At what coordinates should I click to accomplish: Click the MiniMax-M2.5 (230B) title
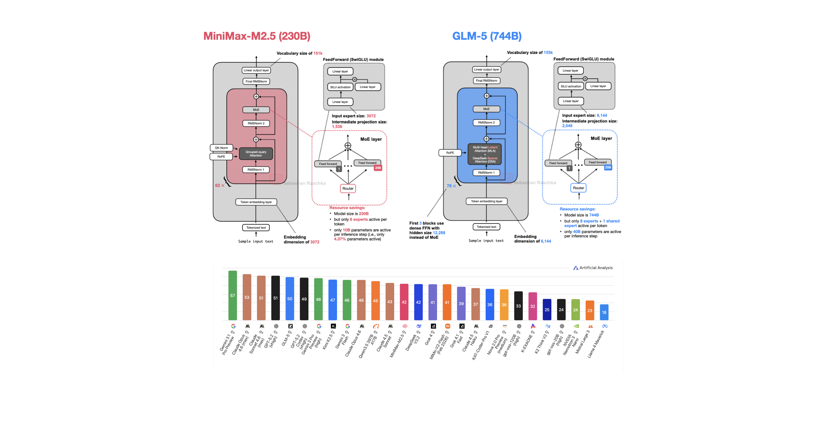click(256, 36)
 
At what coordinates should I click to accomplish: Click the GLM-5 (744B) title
click(487, 36)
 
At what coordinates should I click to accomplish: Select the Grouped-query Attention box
click(256, 154)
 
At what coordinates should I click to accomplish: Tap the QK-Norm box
click(221, 148)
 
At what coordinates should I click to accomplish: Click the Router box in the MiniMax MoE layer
click(348, 188)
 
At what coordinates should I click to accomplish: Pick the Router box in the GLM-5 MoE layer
click(578, 188)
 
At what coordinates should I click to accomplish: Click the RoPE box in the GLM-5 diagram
click(450, 153)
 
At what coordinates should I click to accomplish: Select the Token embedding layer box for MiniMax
click(256, 202)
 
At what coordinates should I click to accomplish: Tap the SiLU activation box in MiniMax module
click(340, 87)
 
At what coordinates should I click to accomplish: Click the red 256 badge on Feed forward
click(378, 168)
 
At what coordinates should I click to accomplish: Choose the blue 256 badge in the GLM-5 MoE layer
click(608, 167)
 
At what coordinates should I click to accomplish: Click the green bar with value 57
click(233, 295)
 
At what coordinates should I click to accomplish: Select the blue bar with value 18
click(604, 312)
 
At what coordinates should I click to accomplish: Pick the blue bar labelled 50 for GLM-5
click(289, 299)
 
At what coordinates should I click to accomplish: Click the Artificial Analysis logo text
click(596, 268)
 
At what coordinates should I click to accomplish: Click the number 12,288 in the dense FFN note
click(439, 233)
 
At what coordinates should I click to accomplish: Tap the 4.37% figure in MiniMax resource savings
click(340, 239)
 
